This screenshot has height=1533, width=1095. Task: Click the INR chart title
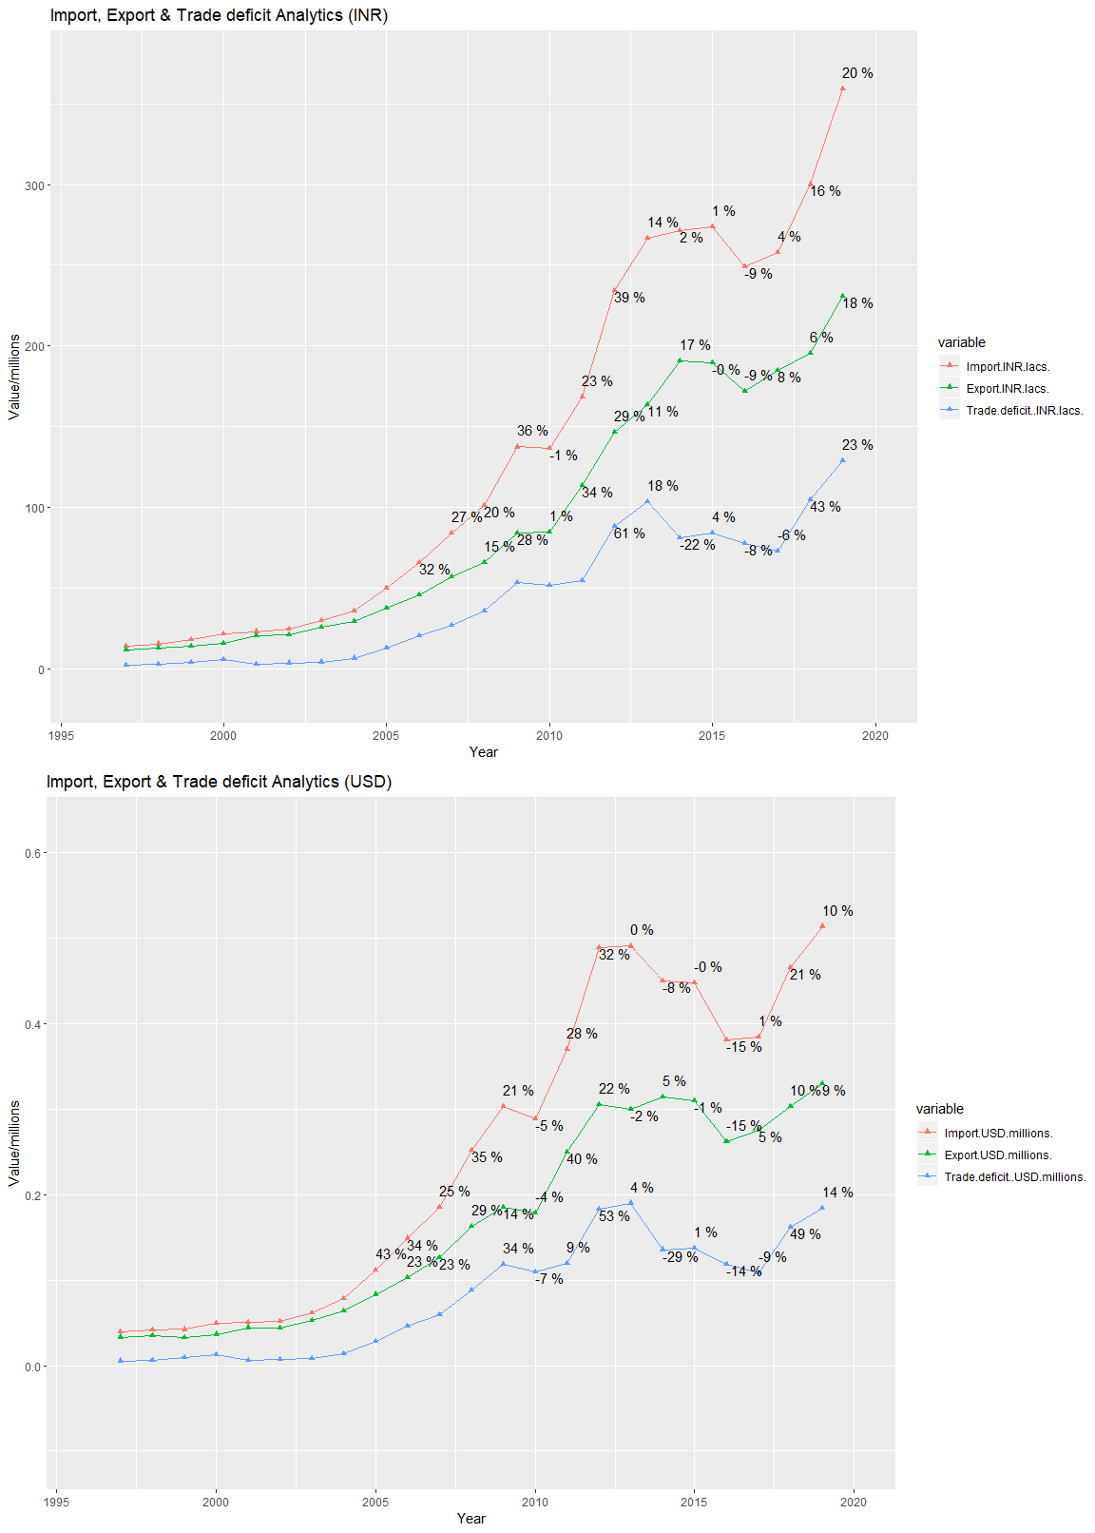coord(219,15)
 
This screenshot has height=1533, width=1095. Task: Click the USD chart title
coord(219,782)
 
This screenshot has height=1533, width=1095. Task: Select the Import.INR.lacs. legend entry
coord(1007,366)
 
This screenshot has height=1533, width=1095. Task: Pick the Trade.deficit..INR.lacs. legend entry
coord(1024,411)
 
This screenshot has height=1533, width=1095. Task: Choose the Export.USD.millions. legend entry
coord(997,1155)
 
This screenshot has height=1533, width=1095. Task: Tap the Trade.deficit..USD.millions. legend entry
coord(1014,1176)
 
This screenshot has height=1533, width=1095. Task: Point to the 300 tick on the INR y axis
coord(35,185)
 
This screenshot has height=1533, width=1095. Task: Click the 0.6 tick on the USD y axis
coord(33,853)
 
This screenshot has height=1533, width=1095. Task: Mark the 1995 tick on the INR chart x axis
coord(61,735)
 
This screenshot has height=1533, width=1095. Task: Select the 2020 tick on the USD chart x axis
coord(854,1502)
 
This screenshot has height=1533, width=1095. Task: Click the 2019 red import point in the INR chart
coord(842,88)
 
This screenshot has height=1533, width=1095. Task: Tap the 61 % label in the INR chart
coord(629,534)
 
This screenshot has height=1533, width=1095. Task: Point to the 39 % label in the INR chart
coord(629,298)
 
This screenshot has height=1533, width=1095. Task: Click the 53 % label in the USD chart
coord(614,1216)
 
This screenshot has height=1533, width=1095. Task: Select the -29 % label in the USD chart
coord(681,1257)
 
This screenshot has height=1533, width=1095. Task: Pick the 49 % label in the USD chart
coord(805,1234)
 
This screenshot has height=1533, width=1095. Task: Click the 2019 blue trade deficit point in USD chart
coord(822,1208)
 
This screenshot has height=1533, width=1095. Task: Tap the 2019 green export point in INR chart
coord(842,296)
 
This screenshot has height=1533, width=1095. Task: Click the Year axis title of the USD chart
coord(471,1518)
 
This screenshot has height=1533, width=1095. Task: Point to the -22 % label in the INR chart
coord(697,545)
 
